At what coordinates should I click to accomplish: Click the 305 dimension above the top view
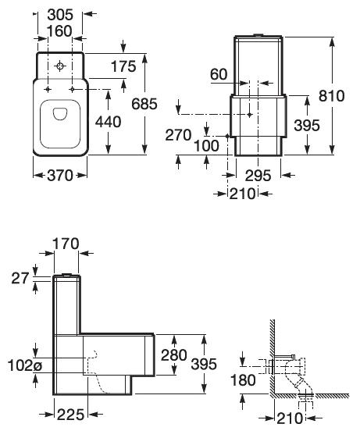(60, 15)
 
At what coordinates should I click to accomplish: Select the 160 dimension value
(59, 31)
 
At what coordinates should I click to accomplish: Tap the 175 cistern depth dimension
(123, 66)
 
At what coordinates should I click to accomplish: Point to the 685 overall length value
(144, 104)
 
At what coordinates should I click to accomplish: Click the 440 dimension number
(109, 122)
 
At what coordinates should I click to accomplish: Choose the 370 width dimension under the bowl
(60, 176)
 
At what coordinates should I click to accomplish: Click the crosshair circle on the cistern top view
(60, 66)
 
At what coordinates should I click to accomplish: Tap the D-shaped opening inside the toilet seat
(60, 114)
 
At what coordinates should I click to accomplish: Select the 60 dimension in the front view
(219, 75)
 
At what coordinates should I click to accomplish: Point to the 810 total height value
(332, 96)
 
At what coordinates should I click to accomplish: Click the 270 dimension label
(178, 135)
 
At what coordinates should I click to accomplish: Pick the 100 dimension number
(207, 146)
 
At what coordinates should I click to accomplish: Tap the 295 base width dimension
(258, 176)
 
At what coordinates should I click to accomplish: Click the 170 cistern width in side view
(66, 244)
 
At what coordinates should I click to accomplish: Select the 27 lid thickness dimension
(20, 279)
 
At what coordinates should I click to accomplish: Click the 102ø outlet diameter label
(25, 365)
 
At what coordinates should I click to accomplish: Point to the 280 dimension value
(174, 355)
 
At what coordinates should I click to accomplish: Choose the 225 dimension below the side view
(71, 415)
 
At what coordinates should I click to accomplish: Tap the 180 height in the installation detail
(243, 380)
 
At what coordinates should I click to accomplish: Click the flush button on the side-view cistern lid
(67, 275)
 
